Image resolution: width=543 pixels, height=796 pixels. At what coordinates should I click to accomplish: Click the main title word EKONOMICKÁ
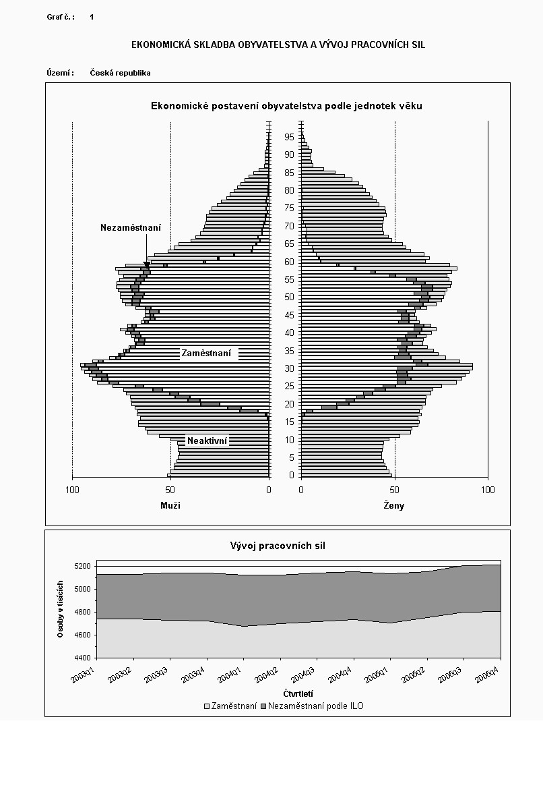(x=159, y=45)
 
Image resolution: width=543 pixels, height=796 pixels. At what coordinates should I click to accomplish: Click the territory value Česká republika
(x=120, y=73)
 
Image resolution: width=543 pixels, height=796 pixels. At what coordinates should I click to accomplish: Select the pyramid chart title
(x=286, y=106)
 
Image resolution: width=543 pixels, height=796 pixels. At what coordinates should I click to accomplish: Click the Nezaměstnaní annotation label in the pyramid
(x=131, y=228)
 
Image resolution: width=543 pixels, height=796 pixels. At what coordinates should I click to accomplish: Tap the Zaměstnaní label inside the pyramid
(x=206, y=353)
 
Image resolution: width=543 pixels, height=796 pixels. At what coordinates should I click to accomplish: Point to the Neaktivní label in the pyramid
(x=207, y=441)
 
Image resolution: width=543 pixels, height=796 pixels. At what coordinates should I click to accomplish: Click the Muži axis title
(x=170, y=505)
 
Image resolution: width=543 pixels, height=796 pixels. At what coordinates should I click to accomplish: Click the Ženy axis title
(x=394, y=505)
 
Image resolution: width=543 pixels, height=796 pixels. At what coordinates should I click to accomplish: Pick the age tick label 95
(x=289, y=137)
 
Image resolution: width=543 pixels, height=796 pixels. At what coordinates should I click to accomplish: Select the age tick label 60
(x=289, y=262)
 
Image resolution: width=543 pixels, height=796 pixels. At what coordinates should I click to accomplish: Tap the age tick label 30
(x=289, y=368)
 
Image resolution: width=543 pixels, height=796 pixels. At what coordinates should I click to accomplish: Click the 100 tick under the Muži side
(x=73, y=490)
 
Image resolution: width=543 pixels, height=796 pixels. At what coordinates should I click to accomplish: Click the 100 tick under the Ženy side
(x=488, y=490)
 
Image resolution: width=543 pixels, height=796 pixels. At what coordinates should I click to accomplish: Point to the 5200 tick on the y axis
(x=82, y=566)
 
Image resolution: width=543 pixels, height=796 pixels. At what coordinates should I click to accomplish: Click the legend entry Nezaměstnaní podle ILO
(x=316, y=706)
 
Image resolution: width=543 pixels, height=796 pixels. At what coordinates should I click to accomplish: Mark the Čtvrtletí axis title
(x=297, y=693)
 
